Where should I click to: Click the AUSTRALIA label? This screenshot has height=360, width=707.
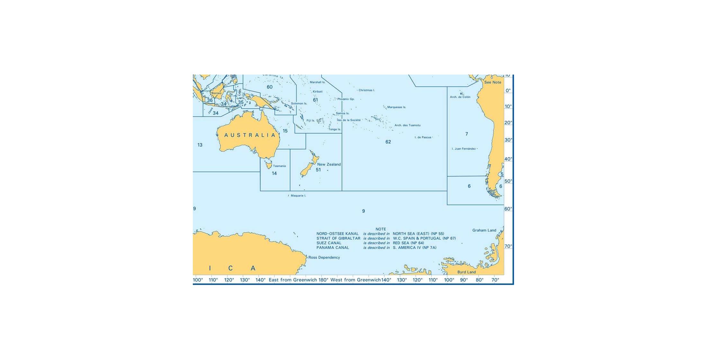pos(250,135)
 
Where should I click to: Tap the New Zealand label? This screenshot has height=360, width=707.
pos(329,165)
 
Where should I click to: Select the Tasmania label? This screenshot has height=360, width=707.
pos(279,166)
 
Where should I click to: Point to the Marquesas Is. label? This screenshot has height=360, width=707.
pos(396,107)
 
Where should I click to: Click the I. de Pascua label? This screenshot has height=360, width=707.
pos(423,138)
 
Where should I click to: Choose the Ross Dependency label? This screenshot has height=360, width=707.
pos(324,257)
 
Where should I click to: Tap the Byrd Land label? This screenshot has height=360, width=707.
pos(466,272)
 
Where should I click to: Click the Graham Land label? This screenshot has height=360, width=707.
pos(484,230)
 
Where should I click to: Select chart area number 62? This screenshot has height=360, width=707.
pos(388,142)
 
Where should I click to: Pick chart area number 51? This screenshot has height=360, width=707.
pos(318,170)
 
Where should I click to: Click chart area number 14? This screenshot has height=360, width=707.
pos(274,174)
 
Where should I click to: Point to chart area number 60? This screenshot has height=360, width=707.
pos(269,87)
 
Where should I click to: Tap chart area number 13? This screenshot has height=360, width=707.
pos(200,145)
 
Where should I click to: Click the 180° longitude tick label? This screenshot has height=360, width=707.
pos(323,280)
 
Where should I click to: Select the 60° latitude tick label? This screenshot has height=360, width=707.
pos(508,209)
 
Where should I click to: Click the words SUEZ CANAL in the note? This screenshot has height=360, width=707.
pos(329,243)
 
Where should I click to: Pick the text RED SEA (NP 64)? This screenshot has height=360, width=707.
pos(408,243)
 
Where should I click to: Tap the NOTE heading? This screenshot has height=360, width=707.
pos(380,230)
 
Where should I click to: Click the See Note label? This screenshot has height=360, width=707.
pos(492,83)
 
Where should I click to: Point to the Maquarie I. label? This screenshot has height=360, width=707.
pos(298,196)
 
